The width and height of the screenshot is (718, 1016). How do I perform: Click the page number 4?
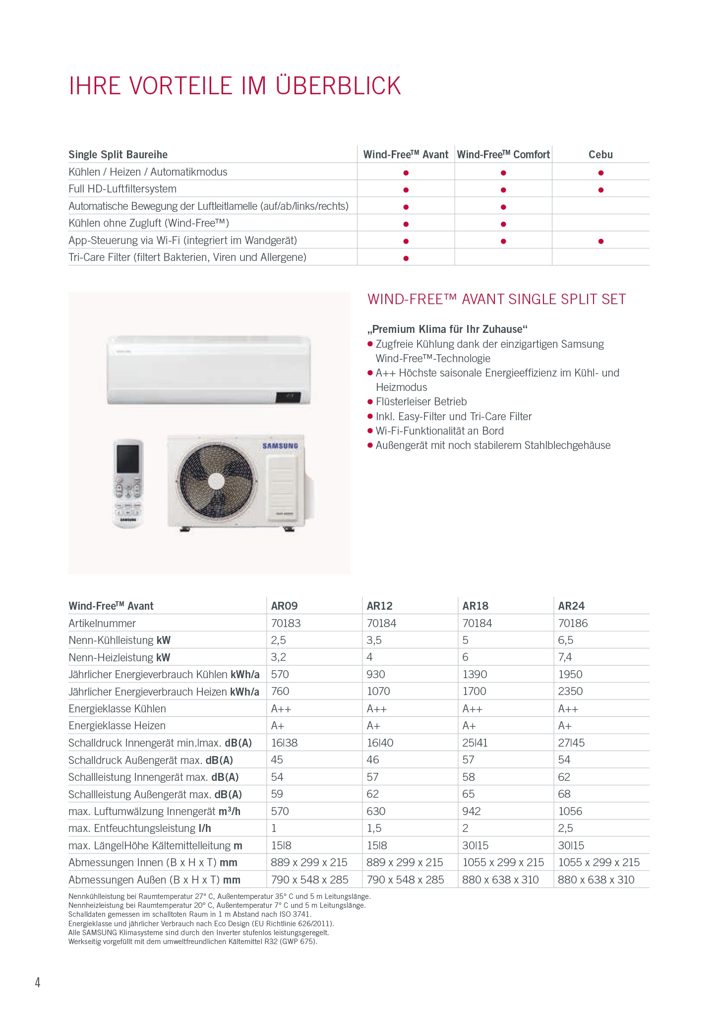[38, 982]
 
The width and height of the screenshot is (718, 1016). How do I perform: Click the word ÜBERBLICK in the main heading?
[338, 86]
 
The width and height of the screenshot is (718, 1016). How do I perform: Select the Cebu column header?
[600, 155]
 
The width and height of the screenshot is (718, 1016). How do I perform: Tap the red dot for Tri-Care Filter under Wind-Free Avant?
[406, 258]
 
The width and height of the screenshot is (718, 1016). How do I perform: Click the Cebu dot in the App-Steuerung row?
[600, 241]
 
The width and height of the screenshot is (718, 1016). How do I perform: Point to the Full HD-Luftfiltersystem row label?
[122, 189]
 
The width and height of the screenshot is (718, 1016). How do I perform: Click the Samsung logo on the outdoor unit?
[280, 445]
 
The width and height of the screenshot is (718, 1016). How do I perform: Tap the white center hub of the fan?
[216, 480]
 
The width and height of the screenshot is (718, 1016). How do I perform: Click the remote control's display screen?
[128, 458]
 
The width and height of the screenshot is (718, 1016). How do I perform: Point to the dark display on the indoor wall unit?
[289, 397]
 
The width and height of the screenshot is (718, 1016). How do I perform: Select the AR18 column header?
[475, 606]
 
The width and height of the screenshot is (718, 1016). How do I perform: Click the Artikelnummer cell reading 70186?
[573, 623]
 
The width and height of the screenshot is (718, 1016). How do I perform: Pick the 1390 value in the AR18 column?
[475, 674]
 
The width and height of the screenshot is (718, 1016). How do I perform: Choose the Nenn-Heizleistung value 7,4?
[565, 657]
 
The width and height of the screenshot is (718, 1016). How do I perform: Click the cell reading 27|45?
[571, 743]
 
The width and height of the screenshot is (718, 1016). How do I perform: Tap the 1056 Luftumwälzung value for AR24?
[570, 811]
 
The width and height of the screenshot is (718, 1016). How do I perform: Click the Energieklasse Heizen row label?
[117, 726]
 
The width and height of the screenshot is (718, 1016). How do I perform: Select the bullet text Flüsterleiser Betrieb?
[421, 402]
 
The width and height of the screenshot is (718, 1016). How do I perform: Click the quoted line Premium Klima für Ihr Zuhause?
[447, 329]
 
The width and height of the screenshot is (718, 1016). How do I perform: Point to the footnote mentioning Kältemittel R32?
[192, 942]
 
